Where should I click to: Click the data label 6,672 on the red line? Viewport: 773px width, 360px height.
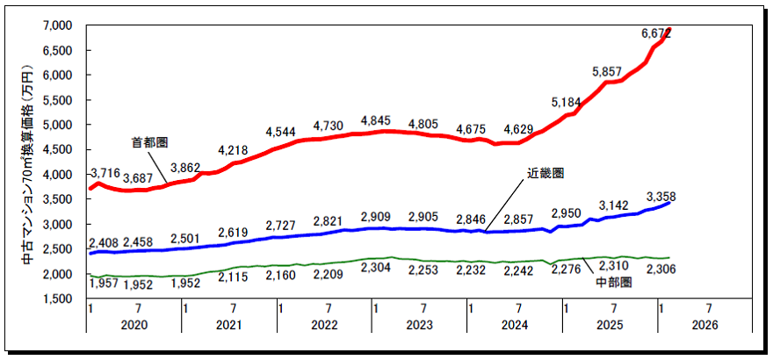[658, 33]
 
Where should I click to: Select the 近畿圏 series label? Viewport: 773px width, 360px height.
[545, 174]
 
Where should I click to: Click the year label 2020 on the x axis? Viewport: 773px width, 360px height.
[134, 325]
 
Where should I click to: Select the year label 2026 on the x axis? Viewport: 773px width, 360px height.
[704, 325]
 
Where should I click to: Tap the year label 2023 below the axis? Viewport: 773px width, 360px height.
[420, 325]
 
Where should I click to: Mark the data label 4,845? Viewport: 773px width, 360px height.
[379, 121]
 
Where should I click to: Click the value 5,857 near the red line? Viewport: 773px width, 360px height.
[608, 71]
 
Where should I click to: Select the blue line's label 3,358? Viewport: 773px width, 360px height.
[660, 196]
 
